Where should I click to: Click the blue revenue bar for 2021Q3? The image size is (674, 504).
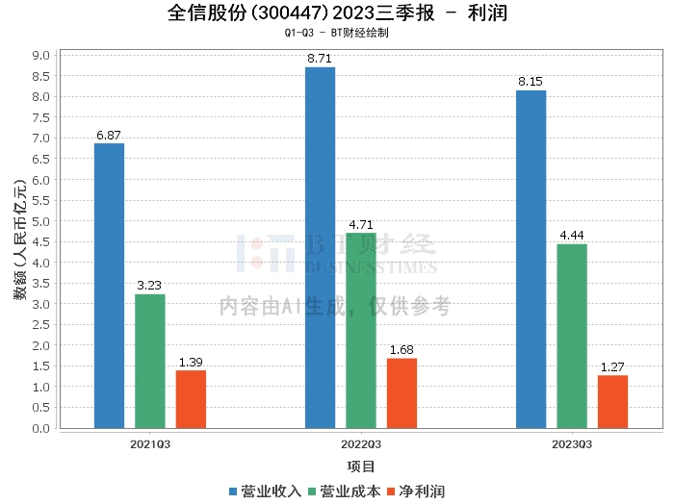109,286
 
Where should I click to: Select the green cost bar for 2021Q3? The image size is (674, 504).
149,361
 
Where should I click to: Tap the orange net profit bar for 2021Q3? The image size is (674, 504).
191,399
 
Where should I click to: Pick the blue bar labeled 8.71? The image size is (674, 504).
320,247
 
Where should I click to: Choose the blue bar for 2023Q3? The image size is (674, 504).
531,259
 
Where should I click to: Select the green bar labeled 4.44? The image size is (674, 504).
572,336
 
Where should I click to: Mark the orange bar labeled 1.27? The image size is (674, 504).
612,402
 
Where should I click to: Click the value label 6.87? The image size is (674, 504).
109,136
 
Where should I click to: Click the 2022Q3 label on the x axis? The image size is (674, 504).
361,444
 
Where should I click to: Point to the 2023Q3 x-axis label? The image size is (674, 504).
572,444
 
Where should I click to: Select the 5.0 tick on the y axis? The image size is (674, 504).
40,221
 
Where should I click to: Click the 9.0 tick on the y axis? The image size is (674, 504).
40,56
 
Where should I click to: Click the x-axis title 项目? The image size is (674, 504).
361,467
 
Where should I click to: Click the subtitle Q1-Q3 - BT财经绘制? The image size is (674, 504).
336,33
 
